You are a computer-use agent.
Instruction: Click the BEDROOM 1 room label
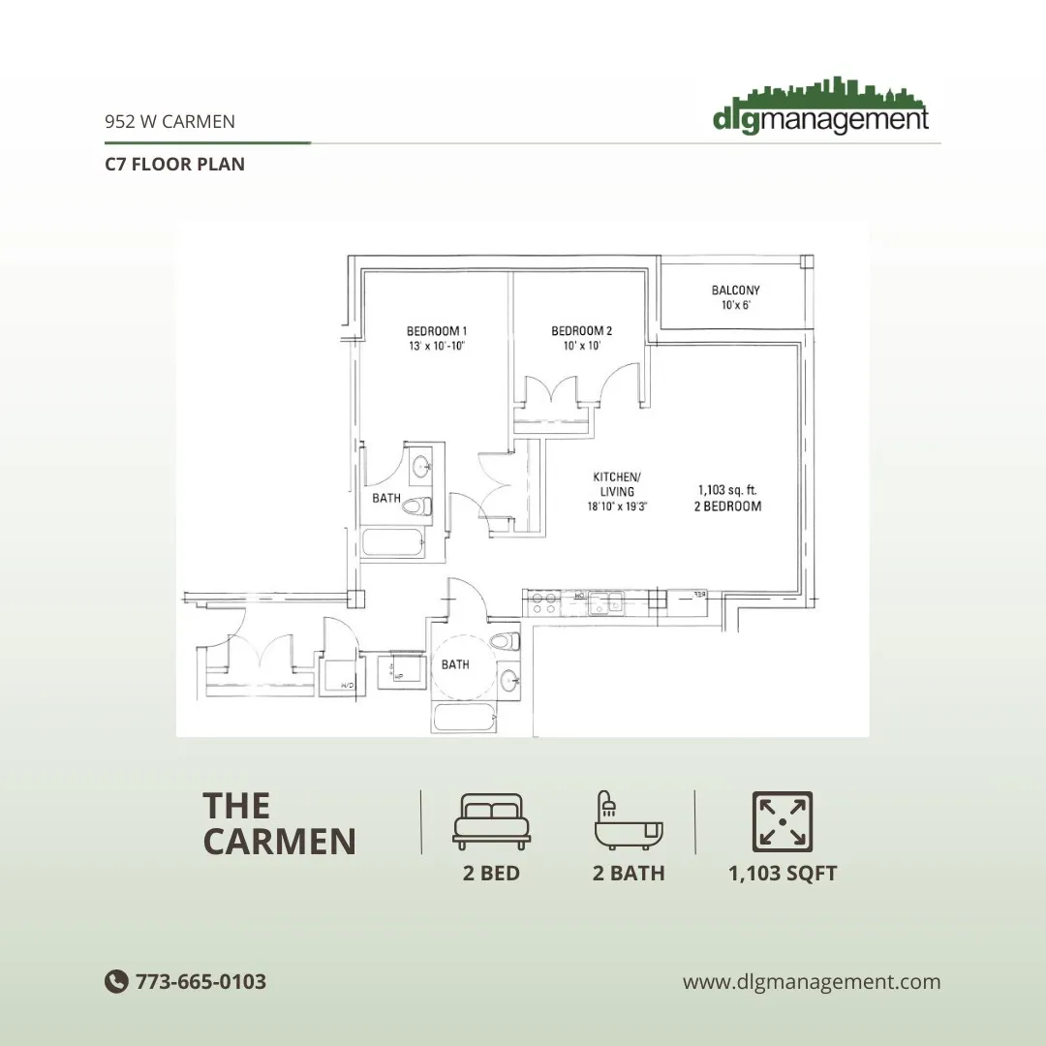pyautogui.click(x=437, y=330)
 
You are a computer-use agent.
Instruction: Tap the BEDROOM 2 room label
pyautogui.click(x=581, y=330)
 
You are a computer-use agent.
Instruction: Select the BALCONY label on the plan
pyautogui.click(x=736, y=290)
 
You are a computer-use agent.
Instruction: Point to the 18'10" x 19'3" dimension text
pyautogui.click(x=616, y=507)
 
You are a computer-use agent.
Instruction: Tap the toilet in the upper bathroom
pyautogui.click(x=417, y=506)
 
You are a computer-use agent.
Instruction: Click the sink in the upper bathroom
pyautogui.click(x=421, y=469)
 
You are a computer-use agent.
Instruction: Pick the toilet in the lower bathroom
pyautogui.click(x=504, y=640)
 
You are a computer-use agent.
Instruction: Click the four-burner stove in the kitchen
pyautogui.click(x=543, y=602)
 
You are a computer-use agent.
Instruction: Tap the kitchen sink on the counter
pyautogui.click(x=607, y=603)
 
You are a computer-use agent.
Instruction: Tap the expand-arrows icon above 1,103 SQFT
pyautogui.click(x=783, y=820)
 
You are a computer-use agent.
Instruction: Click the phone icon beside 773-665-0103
pyautogui.click(x=116, y=981)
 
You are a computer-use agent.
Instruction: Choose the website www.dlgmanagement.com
pyautogui.click(x=812, y=981)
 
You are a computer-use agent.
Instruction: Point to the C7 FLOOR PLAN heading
pyautogui.click(x=174, y=164)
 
